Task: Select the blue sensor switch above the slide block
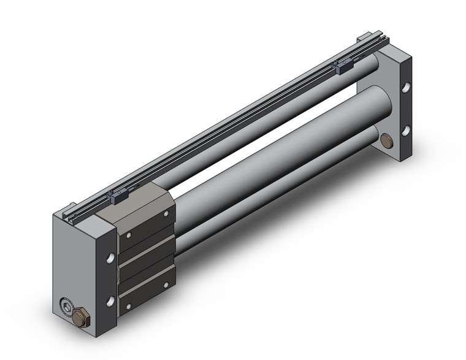116,196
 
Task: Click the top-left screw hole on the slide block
129,236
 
